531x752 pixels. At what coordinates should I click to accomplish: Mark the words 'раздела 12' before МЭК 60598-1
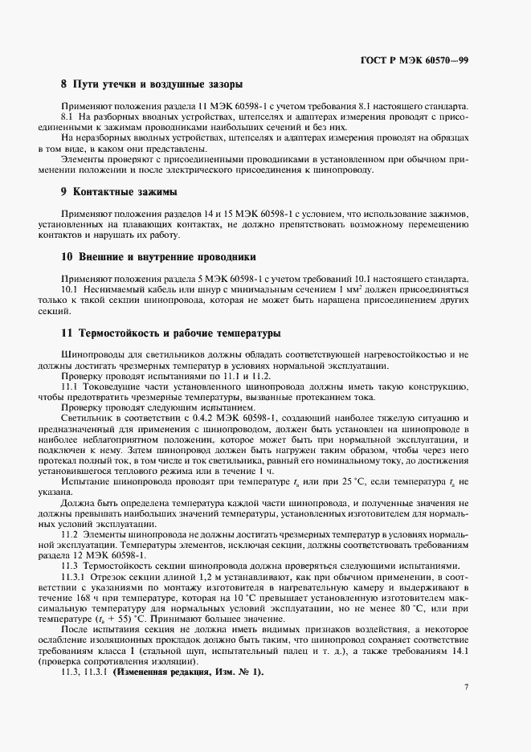75,554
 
